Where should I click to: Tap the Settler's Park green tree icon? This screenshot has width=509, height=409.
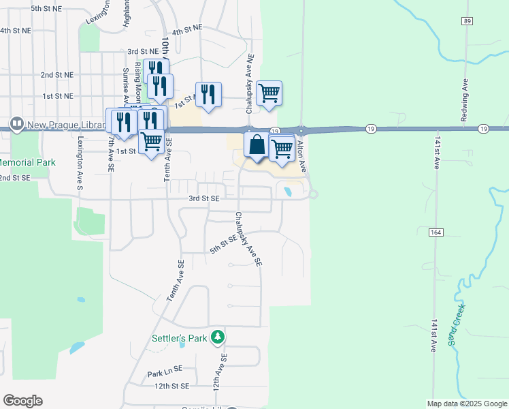(218, 337)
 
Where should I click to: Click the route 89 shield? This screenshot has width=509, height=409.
(466, 22)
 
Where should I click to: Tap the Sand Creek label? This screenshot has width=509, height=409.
(457, 325)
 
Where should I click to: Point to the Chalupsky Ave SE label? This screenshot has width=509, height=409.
(248, 238)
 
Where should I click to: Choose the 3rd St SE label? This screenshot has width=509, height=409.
(204, 198)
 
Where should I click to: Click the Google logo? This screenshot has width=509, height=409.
(22, 401)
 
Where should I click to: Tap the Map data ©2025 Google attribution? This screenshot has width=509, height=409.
(467, 404)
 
